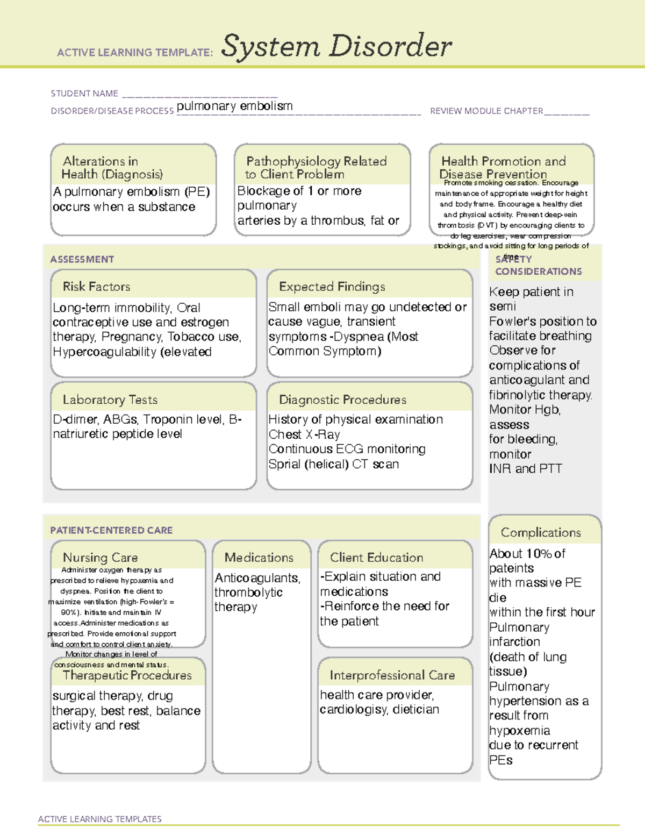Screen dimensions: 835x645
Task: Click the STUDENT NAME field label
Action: pos(84,94)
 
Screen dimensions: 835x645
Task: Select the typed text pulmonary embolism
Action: pos(234,106)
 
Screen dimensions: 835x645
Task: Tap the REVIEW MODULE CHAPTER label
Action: pos(486,111)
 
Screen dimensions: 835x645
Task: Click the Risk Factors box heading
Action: pos(96,287)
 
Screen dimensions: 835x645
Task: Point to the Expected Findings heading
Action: pos(332,287)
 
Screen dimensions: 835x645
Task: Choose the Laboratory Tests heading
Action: pos(110,399)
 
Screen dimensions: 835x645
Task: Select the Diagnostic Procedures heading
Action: pos(342,399)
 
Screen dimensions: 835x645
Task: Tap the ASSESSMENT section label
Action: pos(82,259)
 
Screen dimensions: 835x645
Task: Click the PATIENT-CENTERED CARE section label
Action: pos(111,530)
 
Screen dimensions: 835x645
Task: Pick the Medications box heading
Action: pos(259,558)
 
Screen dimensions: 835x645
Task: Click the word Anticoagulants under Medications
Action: pos(257,578)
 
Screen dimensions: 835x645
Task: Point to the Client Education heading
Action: pos(376,558)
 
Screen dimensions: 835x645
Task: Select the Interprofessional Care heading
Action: pos(392,675)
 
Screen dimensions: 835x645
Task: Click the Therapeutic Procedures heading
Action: pos(127,675)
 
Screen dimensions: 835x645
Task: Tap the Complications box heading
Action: pos(541,532)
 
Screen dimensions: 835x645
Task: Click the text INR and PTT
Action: pos(525,469)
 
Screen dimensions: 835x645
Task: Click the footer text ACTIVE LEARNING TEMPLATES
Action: pos(99,819)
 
